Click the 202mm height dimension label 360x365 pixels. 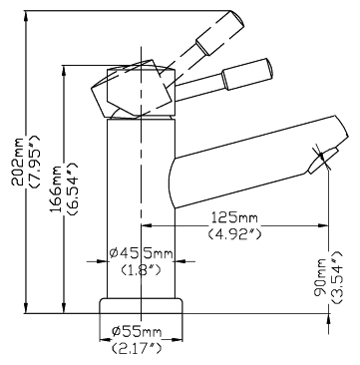[x=18, y=162]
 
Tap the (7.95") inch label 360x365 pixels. [x=35, y=163]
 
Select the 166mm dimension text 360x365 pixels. [x=56, y=188]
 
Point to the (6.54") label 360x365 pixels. [x=73, y=189]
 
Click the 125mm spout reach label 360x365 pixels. [x=235, y=217]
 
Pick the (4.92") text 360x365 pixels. [x=235, y=234]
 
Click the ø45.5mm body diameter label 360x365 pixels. [x=142, y=254]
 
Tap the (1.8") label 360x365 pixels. [x=141, y=270]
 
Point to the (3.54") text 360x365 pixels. [x=337, y=277]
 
